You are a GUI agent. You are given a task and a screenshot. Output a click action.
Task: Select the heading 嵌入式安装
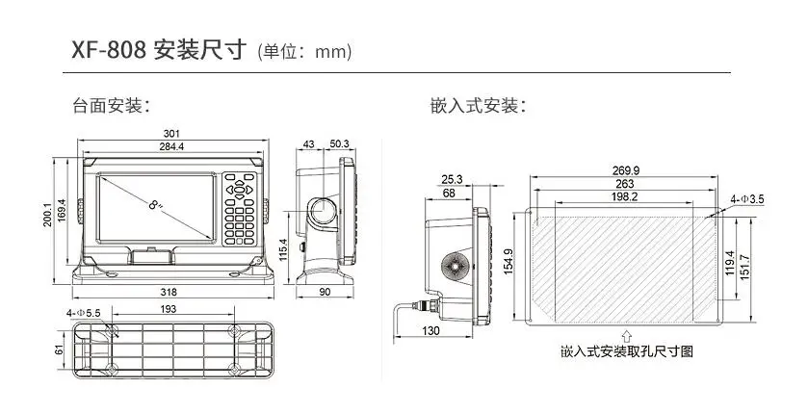coord(478,104)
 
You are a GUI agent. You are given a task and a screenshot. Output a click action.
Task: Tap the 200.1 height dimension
coord(47,213)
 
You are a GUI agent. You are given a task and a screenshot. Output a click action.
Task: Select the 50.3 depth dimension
coord(338,144)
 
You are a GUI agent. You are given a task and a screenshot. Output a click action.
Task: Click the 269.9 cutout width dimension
coord(625,170)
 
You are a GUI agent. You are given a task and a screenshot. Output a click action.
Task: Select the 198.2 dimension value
coord(625,196)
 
